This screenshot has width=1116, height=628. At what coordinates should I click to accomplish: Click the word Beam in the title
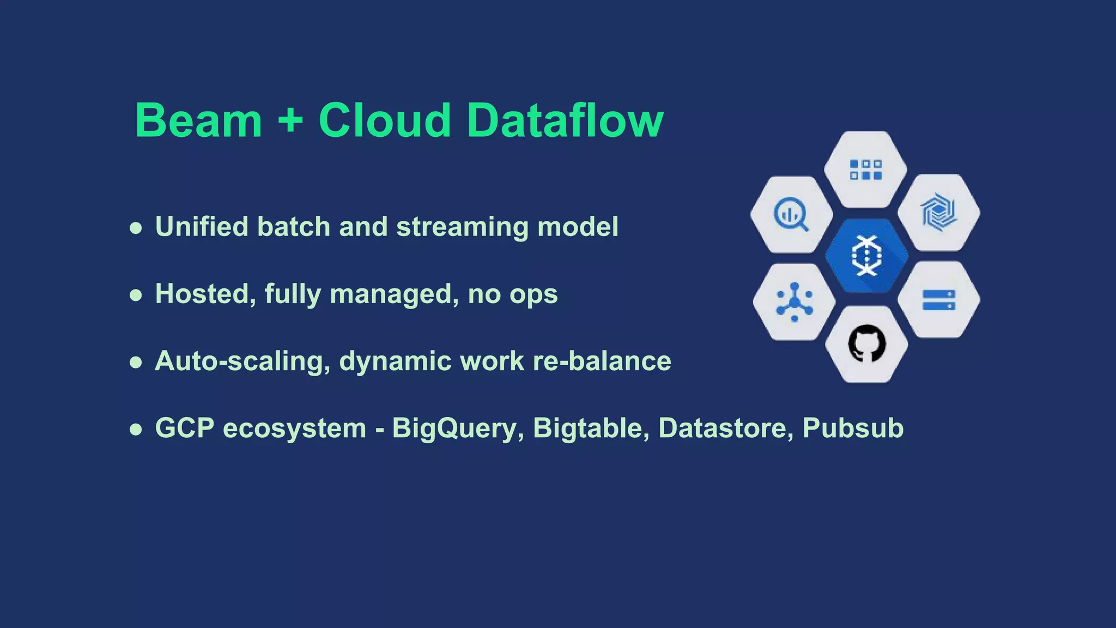(198, 120)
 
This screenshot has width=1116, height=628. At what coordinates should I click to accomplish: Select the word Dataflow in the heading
(565, 120)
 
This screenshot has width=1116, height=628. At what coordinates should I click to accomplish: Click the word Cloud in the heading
(385, 120)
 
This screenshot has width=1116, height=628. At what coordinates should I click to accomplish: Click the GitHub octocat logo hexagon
(866, 344)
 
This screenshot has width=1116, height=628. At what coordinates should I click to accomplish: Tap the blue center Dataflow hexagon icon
(866, 255)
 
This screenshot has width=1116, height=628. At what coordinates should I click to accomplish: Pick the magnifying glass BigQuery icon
(791, 215)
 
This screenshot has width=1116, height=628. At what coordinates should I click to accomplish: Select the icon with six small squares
(866, 170)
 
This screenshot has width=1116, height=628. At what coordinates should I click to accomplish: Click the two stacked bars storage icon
(939, 300)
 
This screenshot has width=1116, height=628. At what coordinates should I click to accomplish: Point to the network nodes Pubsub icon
(794, 301)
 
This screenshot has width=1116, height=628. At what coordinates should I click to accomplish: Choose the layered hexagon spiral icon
(939, 212)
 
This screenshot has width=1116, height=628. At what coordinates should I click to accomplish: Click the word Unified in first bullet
(202, 227)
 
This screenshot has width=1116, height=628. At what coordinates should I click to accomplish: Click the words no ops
(512, 294)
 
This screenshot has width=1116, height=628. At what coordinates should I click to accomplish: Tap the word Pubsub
(853, 428)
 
